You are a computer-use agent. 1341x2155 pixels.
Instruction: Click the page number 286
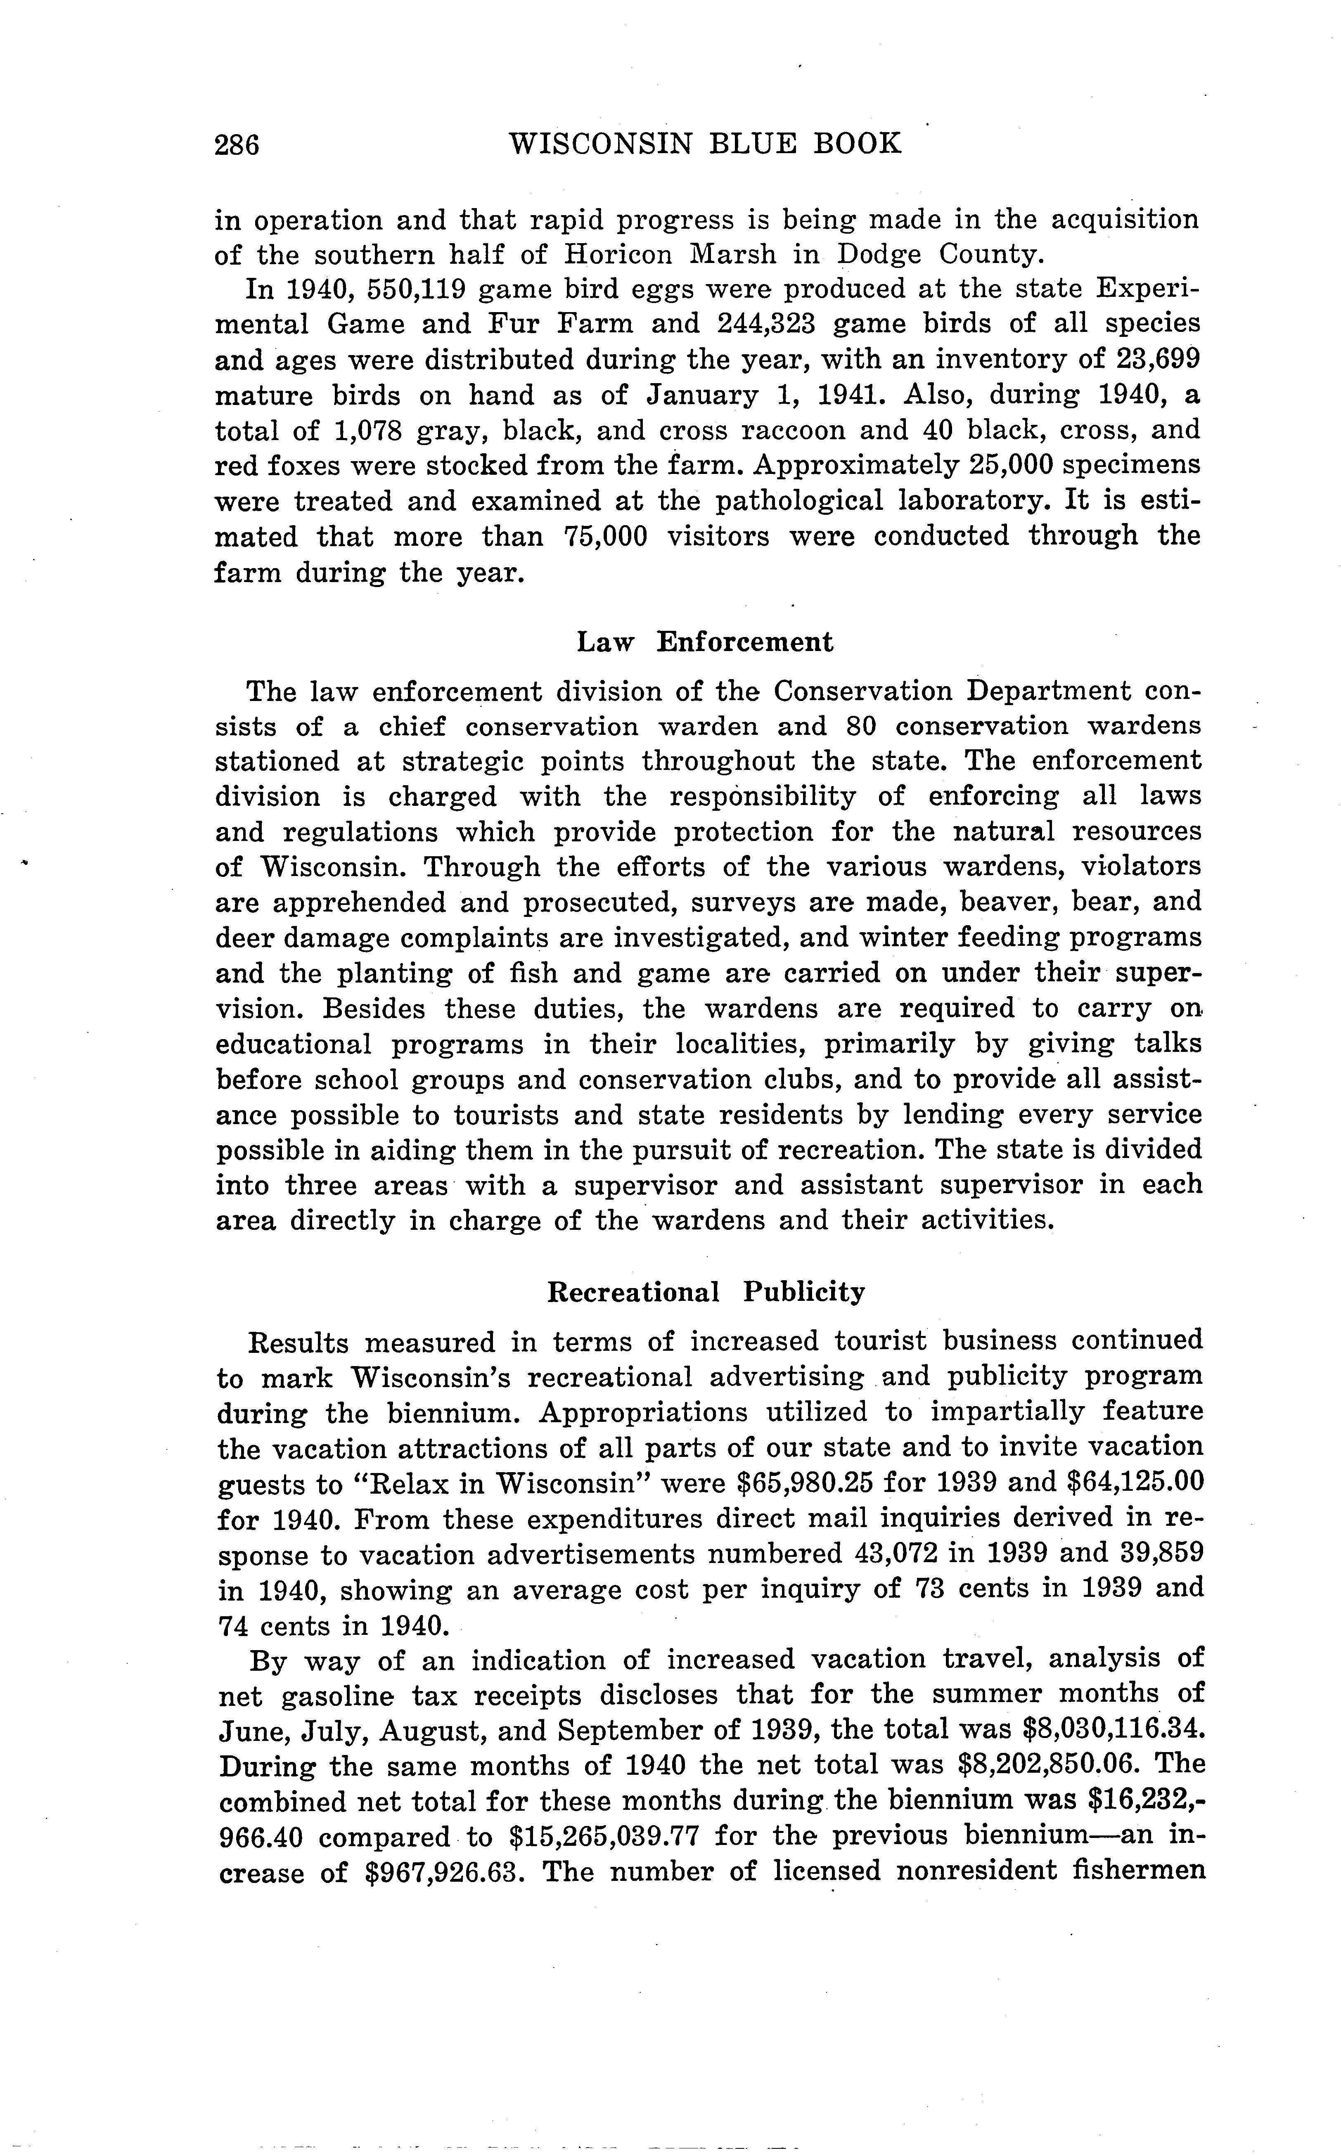click(237, 144)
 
